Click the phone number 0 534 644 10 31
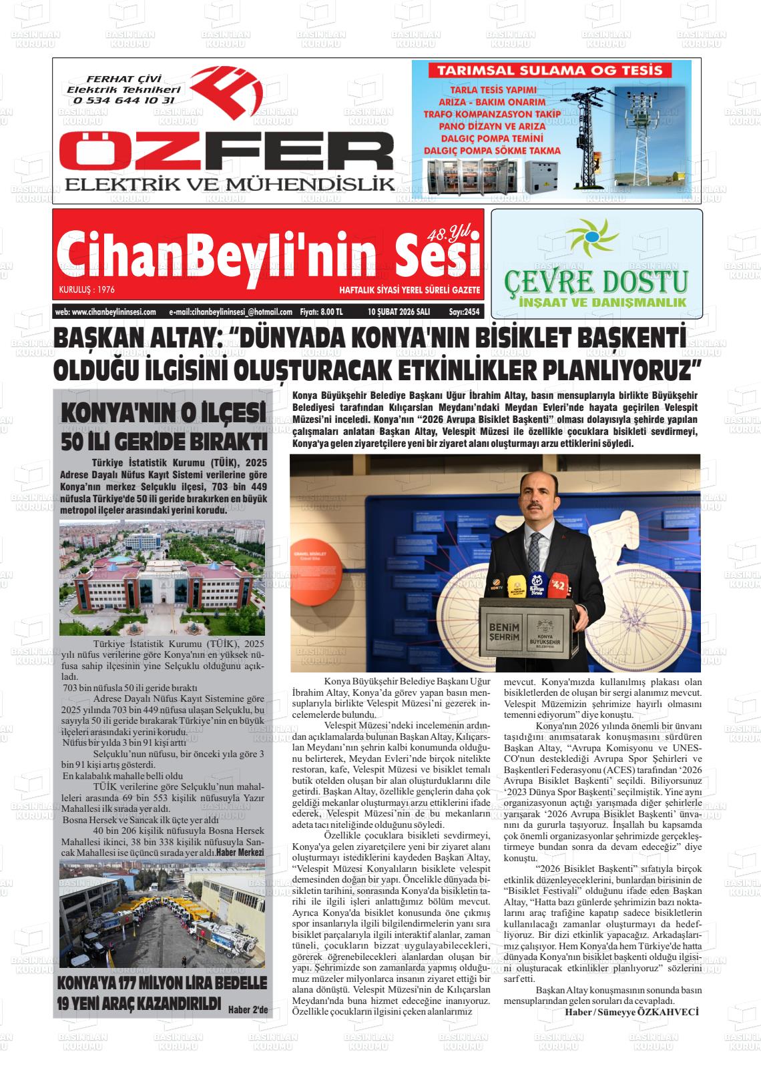click(123, 101)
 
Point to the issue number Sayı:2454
click(464, 312)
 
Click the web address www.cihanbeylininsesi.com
click(105, 312)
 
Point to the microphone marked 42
click(558, 585)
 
